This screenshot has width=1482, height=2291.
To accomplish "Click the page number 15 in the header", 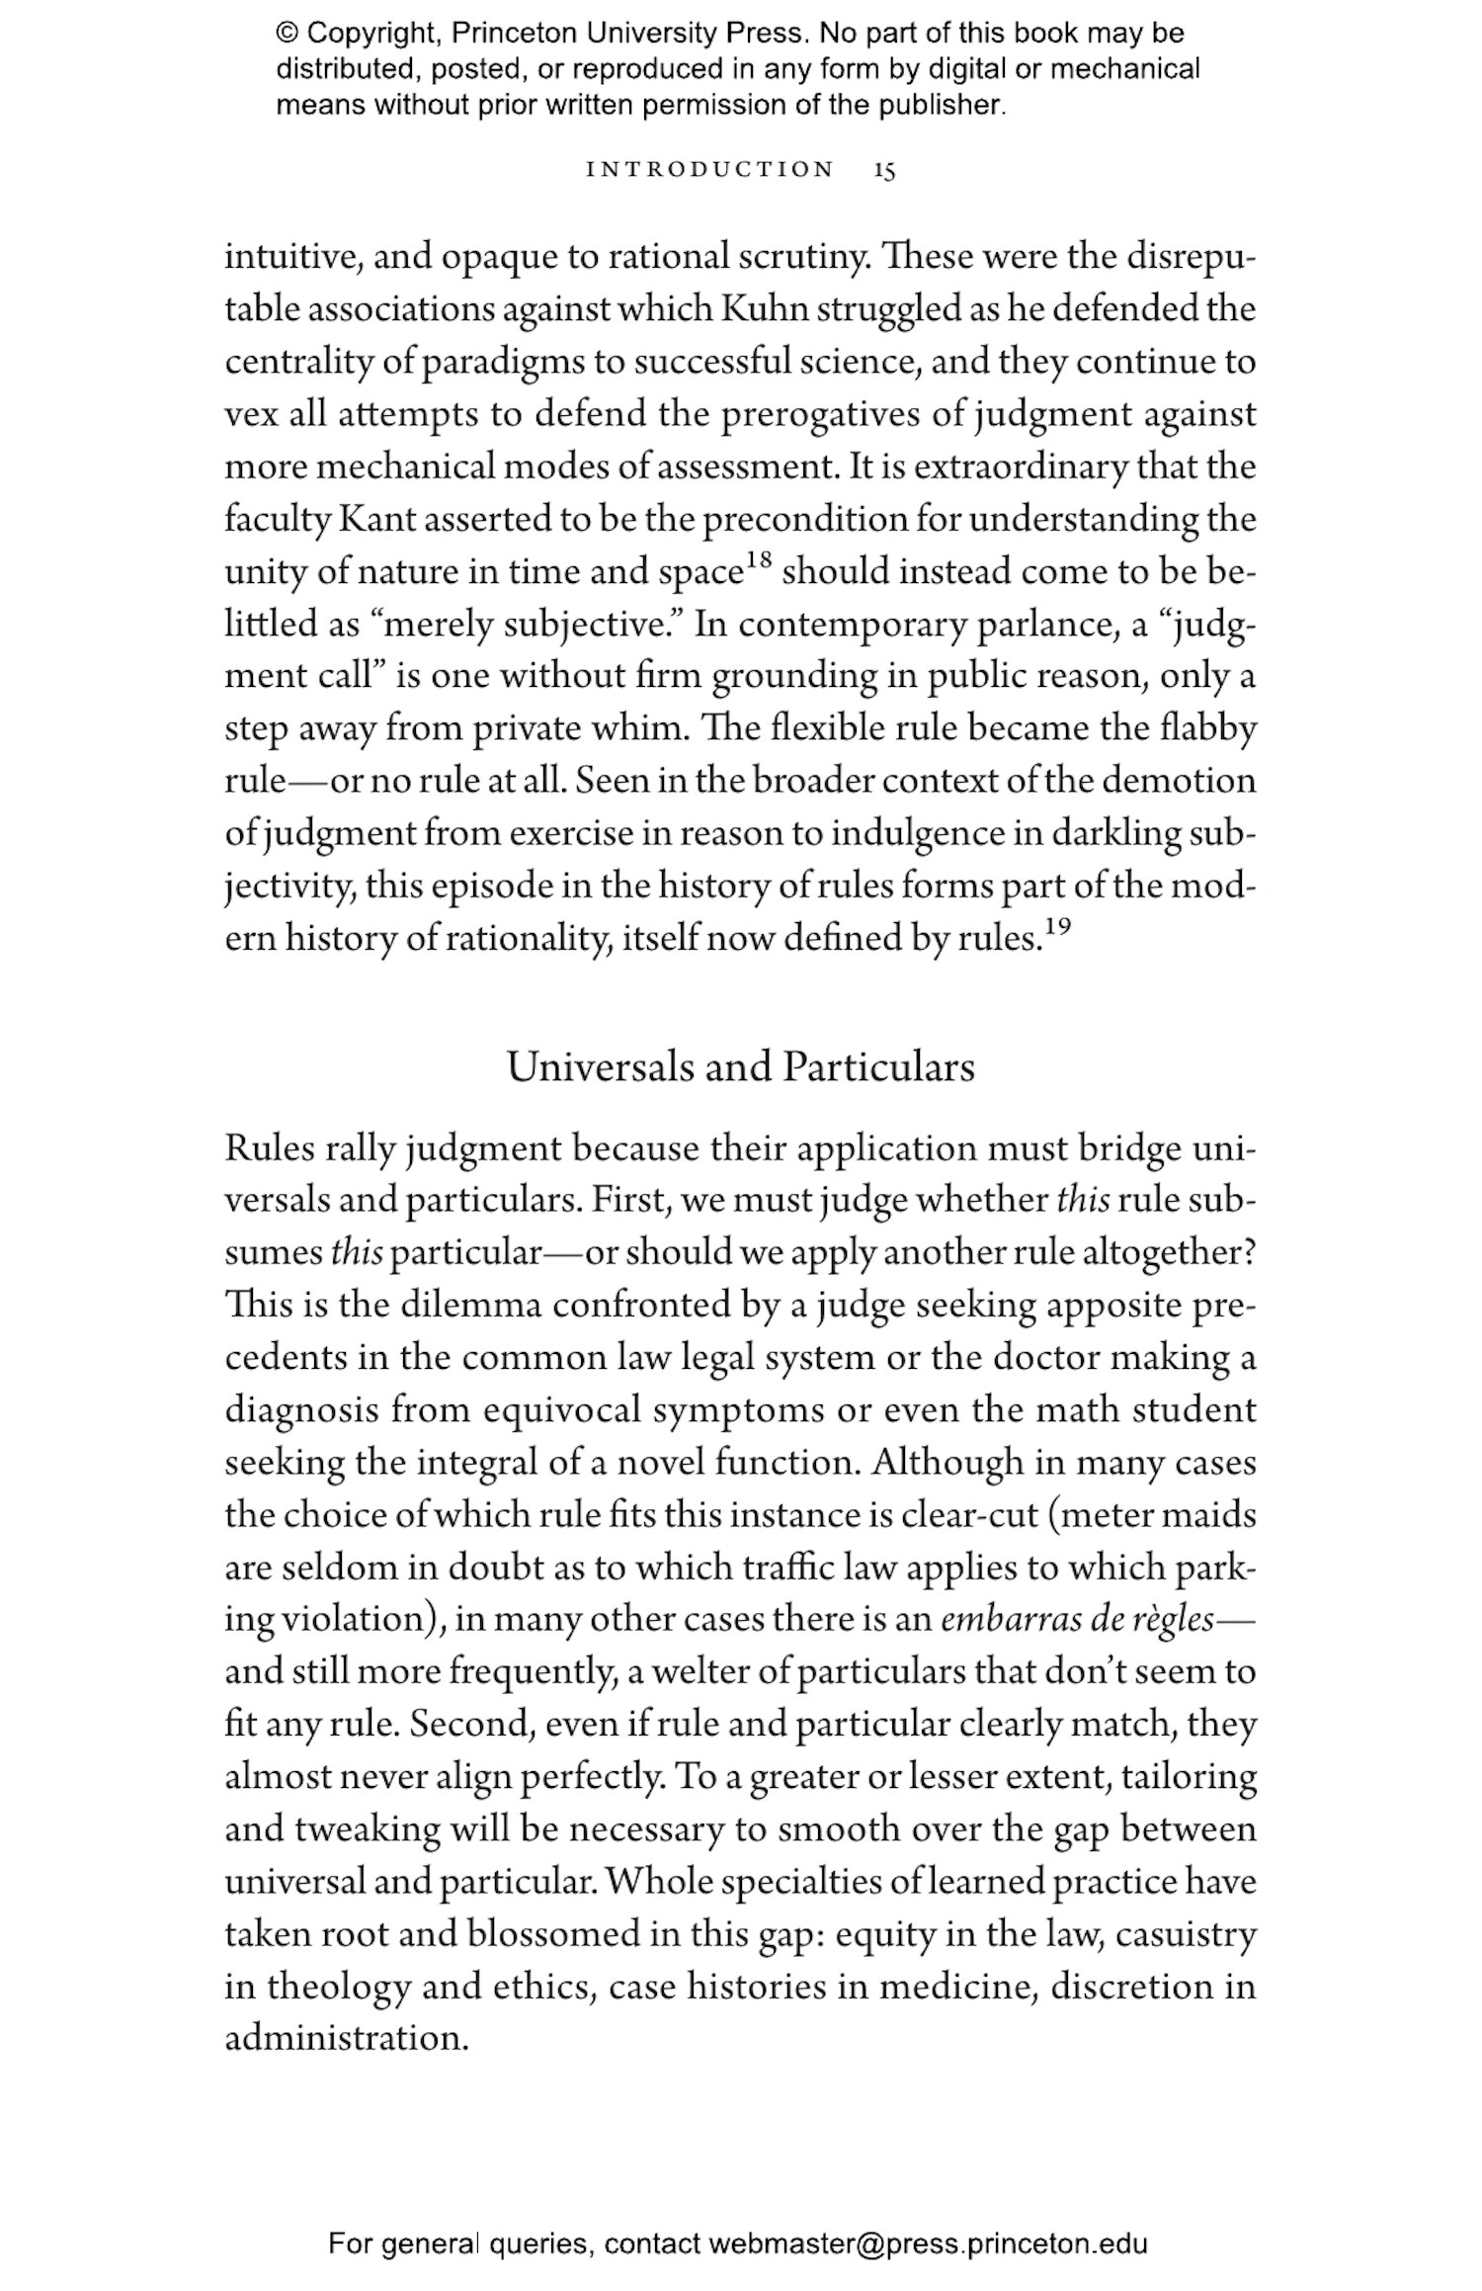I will tap(884, 170).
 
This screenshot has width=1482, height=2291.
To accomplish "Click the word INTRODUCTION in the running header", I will tap(710, 169).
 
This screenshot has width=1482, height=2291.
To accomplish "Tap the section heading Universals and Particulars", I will tap(741, 1067).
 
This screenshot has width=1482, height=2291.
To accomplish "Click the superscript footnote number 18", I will tap(758, 561).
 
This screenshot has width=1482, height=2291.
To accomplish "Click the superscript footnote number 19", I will tap(1057, 927).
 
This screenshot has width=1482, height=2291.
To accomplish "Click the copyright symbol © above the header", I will tap(288, 34).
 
